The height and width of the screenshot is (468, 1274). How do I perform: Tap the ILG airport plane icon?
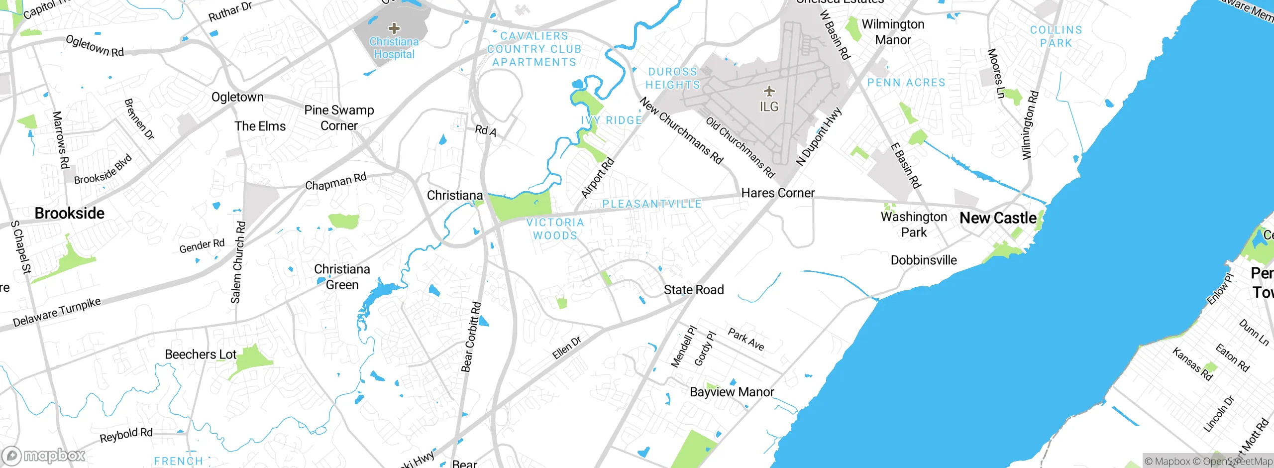pyautogui.click(x=769, y=91)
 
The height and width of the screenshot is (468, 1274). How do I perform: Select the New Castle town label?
pyautogui.click(x=998, y=218)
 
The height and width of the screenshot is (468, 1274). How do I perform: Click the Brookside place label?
pyautogui.click(x=70, y=214)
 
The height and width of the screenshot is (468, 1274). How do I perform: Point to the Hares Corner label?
pyautogui.click(x=778, y=193)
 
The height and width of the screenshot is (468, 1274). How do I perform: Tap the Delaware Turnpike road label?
pyautogui.click(x=57, y=312)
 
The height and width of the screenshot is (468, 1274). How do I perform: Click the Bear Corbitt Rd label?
pyautogui.click(x=471, y=337)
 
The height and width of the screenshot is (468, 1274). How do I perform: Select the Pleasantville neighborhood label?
pyautogui.click(x=652, y=204)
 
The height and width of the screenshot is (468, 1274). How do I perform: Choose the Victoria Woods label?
pyautogui.click(x=555, y=229)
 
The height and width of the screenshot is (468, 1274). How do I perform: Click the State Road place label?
pyautogui.click(x=694, y=290)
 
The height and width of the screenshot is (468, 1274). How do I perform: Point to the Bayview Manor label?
pyautogui.click(x=732, y=392)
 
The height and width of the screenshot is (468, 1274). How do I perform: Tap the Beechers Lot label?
pyautogui.click(x=201, y=354)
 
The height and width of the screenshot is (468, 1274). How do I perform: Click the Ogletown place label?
pyautogui.click(x=237, y=97)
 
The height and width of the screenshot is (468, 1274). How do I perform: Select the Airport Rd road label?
pyautogui.click(x=598, y=178)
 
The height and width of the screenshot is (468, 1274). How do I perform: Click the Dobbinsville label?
pyautogui.click(x=924, y=260)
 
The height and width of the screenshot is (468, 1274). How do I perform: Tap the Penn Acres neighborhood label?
pyautogui.click(x=906, y=83)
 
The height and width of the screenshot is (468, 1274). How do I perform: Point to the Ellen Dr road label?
pyautogui.click(x=567, y=348)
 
